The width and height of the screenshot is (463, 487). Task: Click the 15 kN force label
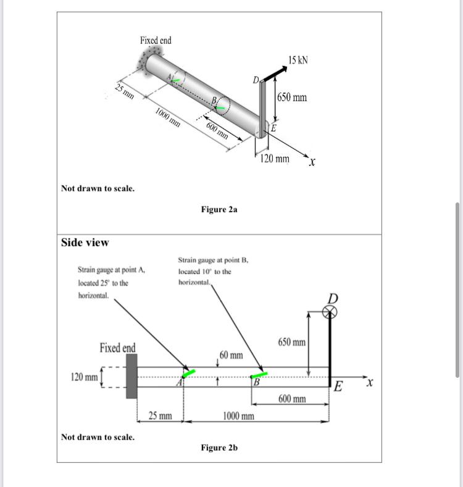click(x=298, y=60)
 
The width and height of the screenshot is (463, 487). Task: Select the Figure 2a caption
click(x=219, y=210)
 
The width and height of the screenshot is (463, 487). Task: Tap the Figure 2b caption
click(x=219, y=447)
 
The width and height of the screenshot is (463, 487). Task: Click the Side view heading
click(x=85, y=243)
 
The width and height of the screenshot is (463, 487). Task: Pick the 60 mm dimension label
click(x=231, y=356)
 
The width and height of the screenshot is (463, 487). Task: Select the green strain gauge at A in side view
click(x=189, y=372)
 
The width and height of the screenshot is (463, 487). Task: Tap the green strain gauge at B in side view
click(x=259, y=374)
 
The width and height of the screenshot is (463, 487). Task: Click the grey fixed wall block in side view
click(x=131, y=377)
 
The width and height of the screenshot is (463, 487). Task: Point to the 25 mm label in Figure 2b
click(x=161, y=416)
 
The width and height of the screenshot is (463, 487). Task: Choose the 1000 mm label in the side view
click(x=238, y=416)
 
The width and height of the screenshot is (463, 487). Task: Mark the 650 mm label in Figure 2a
click(x=291, y=98)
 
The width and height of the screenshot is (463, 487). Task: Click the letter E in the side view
click(x=337, y=388)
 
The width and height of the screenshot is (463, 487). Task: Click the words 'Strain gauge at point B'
click(x=212, y=260)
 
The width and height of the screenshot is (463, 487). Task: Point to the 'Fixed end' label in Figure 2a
click(x=156, y=40)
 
